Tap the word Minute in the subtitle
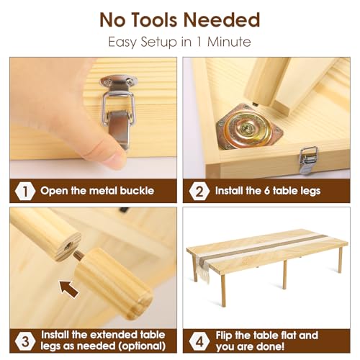(229, 42)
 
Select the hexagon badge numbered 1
(25, 191)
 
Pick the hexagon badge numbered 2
(199, 192)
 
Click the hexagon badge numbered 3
(25, 341)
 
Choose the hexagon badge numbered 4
(199, 341)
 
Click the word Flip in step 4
(224, 336)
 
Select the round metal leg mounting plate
(248, 127)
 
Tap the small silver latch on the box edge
(309, 160)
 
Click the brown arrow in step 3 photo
(69, 289)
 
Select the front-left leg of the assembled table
(223, 291)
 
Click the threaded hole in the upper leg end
(68, 246)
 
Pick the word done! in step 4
(270, 346)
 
